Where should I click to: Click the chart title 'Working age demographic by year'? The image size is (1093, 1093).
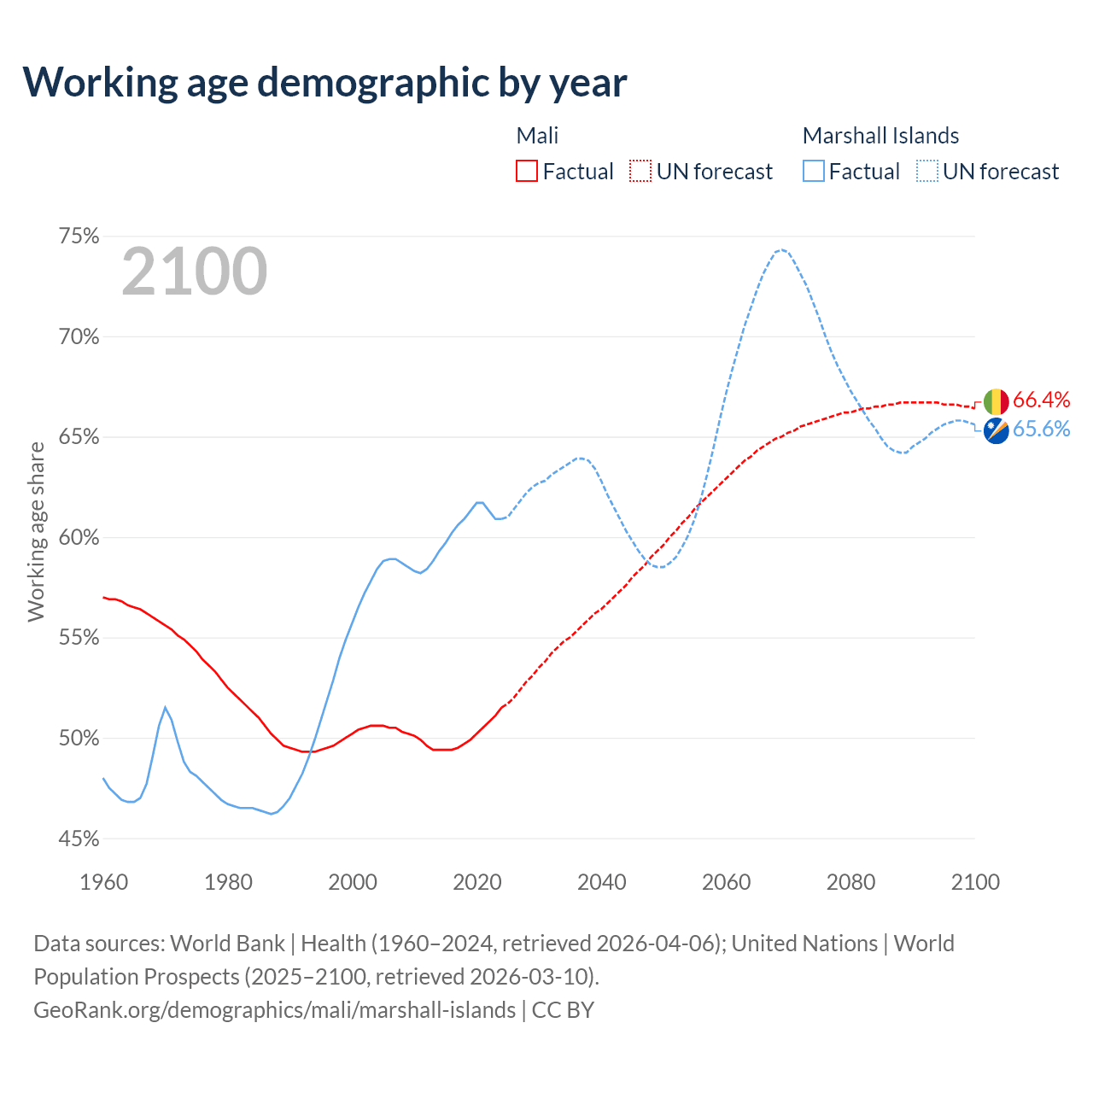coord(324,82)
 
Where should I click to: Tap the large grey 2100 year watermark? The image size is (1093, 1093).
coord(195,272)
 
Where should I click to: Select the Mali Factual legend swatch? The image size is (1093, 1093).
coord(527,172)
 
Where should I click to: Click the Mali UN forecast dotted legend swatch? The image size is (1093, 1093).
coord(640,172)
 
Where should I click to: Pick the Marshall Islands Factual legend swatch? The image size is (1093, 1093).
coord(814,172)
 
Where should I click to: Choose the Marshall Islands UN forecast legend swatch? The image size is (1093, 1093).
coord(927,172)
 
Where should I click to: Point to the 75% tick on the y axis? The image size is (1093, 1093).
coord(79,237)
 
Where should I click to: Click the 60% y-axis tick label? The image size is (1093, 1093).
coord(79,538)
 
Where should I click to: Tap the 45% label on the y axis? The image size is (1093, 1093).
coord(79,839)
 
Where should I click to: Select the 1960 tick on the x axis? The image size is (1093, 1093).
coord(104,882)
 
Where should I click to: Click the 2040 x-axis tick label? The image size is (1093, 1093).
coord(602,882)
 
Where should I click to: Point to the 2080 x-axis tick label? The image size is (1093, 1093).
coord(850,882)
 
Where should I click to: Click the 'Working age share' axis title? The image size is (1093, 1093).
coord(36,532)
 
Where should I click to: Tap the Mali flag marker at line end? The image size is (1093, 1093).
coord(996,401)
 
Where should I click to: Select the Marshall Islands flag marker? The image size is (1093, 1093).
coord(996,430)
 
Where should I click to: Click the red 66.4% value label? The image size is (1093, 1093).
coord(1042,400)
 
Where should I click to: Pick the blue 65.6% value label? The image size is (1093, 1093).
coord(1042,430)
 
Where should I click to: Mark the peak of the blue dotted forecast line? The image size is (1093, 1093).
coord(781,249)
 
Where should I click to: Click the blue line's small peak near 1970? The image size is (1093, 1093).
coord(165,707)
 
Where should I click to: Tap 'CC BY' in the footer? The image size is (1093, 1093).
coord(563,1010)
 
